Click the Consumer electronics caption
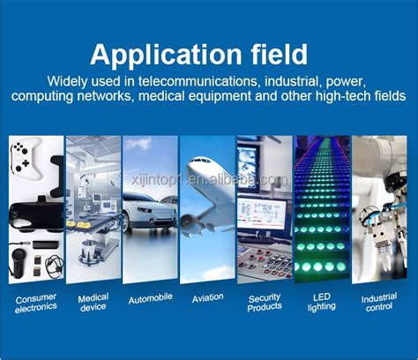click(x=35, y=303)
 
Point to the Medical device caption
click(x=93, y=303)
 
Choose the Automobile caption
click(x=150, y=299)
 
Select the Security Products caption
click(x=265, y=303)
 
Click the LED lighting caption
click(x=322, y=303)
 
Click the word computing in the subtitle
click(x=49, y=95)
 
